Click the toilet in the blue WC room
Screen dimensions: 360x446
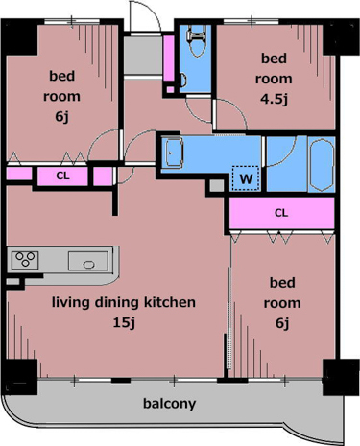point(196,41)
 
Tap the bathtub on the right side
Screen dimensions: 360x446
point(322,164)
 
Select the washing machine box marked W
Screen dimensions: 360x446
point(246,178)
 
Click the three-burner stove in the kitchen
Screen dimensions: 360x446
point(25,260)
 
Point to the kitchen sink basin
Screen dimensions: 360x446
point(88,261)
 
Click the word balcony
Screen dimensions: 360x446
point(169,404)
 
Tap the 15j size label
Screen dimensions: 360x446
point(124,323)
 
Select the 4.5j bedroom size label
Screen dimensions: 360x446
point(274,99)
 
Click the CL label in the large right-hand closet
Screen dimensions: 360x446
point(281,213)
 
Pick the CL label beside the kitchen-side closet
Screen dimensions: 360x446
point(62,176)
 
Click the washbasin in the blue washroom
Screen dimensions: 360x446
point(175,153)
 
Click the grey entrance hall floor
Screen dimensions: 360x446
point(143,55)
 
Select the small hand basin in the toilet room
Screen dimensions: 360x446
point(182,81)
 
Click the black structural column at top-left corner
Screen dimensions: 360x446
point(20,37)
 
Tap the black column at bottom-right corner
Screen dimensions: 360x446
point(341,377)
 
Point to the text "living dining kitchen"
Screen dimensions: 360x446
point(124,302)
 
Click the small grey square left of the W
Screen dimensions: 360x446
point(217,186)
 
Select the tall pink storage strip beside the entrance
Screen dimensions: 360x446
point(169,59)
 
